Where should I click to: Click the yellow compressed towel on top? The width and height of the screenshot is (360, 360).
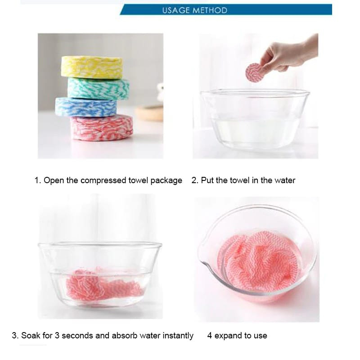coord(91,67)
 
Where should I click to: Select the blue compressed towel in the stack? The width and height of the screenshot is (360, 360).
coord(85,107)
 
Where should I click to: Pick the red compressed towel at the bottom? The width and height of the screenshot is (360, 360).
coord(102,127)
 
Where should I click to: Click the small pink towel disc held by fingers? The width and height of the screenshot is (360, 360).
coord(254,72)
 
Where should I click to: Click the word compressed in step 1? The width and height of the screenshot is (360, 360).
coord(103,180)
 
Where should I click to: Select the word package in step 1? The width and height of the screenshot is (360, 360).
coord(166,180)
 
